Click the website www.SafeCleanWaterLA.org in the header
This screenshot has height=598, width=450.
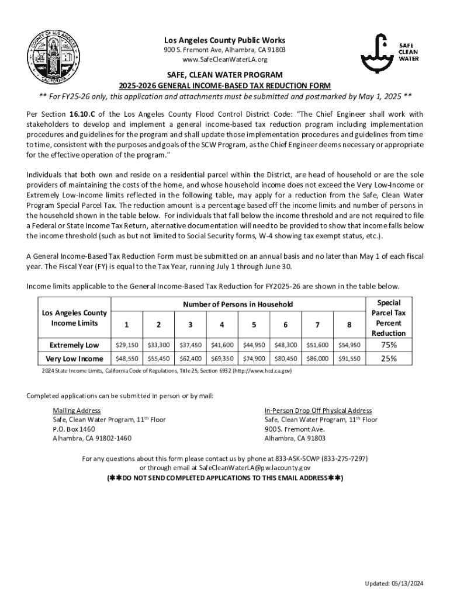[x=225, y=60]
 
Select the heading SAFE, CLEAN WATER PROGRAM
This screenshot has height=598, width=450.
[x=225, y=75]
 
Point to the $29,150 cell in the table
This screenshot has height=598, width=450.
[x=127, y=345]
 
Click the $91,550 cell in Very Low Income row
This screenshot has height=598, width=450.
[x=348, y=359]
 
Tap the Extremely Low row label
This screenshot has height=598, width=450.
[x=74, y=345]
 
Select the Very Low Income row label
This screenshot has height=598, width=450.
[x=74, y=359]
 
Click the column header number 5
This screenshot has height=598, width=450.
[x=254, y=325]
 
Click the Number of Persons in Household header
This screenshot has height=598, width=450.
[x=238, y=304]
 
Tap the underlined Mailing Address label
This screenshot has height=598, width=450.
[x=77, y=411]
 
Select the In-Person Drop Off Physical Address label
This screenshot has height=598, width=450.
[x=318, y=411]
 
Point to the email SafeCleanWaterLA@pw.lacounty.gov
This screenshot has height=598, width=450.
[x=255, y=468]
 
